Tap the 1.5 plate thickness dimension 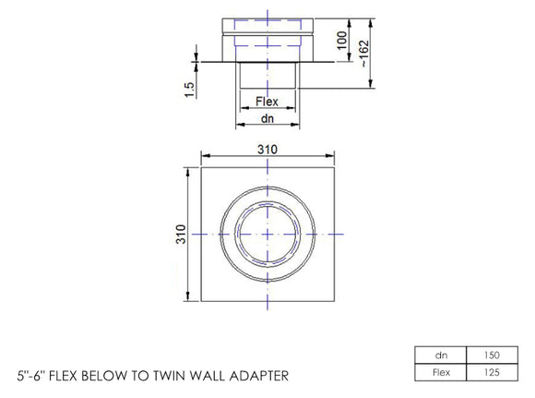click(188, 90)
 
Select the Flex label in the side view click(267, 102)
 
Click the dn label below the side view click(267, 118)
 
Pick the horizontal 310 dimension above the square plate click(267, 148)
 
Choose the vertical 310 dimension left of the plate click(182, 235)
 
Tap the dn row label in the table click(439, 355)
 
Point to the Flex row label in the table click(439, 372)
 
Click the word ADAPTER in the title click(259, 376)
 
